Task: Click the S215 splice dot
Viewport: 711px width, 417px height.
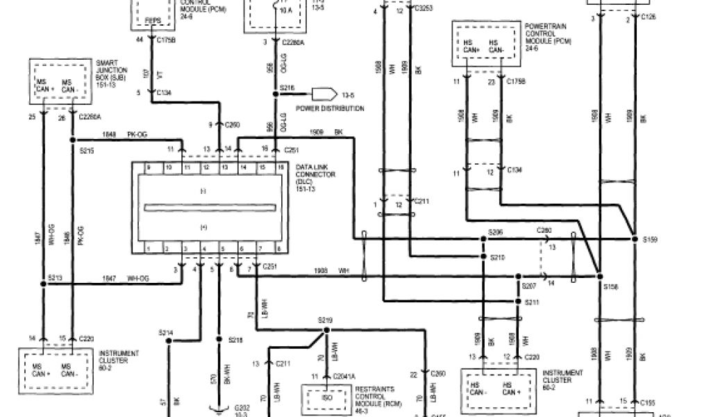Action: (72, 139)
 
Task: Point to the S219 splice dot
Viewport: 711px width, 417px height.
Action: (325, 329)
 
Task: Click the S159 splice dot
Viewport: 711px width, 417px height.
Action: (634, 239)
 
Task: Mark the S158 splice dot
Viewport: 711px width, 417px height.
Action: (599, 276)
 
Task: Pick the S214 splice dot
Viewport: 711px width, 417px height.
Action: (169, 341)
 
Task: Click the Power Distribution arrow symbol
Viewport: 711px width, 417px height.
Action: (323, 94)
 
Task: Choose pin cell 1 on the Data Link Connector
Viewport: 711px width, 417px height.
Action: (147, 248)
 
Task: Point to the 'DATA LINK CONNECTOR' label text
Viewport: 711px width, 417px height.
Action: (315, 171)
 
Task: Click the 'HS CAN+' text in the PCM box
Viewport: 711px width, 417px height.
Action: (472, 46)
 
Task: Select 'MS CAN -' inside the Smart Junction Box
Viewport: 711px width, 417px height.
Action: (69, 85)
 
